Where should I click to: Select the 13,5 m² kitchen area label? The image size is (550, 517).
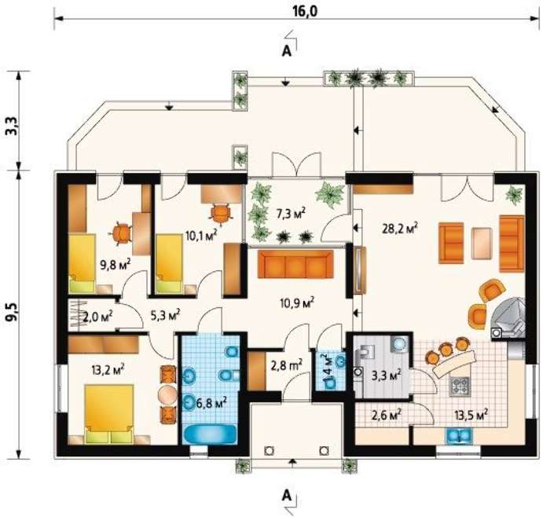tap(471, 416)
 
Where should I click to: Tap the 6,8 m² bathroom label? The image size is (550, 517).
tap(211, 403)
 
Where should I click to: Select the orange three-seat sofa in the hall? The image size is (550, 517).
tap(295, 264)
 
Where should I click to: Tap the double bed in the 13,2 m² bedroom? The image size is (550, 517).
tap(109, 414)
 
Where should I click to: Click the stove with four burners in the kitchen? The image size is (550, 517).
tap(459, 387)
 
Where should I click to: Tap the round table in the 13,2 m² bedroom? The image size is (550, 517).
tap(167, 395)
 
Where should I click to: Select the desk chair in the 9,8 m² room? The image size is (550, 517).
tap(121, 233)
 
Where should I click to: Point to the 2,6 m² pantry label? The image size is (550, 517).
tap(387, 416)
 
